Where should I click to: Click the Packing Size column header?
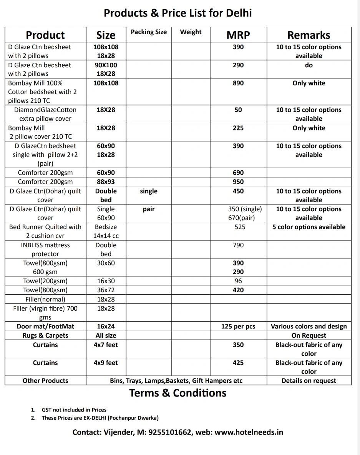pyautogui.click(x=149, y=32)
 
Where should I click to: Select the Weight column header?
pyautogui.click(x=191, y=32)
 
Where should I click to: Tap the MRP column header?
pyautogui.click(x=238, y=35)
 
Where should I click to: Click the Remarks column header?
pyautogui.click(x=309, y=35)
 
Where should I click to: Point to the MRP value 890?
pyautogui.click(x=238, y=83)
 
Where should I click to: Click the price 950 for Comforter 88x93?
pyautogui.click(x=238, y=182)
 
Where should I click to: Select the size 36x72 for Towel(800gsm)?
pyautogui.click(x=106, y=290)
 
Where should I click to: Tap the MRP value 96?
pyautogui.click(x=238, y=281)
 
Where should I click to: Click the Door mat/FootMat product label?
pyautogui.click(x=45, y=327)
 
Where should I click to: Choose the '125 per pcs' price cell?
pyautogui.click(x=238, y=327)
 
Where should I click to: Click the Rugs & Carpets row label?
pyautogui.click(x=45, y=336)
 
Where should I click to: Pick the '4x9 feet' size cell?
pyautogui.click(x=106, y=363)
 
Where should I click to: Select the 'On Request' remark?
pyautogui.click(x=309, y=336)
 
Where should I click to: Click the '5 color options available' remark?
pyautogui.click(x=309, y=227)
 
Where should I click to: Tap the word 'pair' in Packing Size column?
pyautogui.click(x=149, y=209)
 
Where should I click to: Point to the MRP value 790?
pyautogui.click(x=238, y=245)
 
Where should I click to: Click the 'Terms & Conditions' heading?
pyautogui.click(x=178, y=393)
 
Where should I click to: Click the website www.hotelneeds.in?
pyautogui.click(x=249, y=432)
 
